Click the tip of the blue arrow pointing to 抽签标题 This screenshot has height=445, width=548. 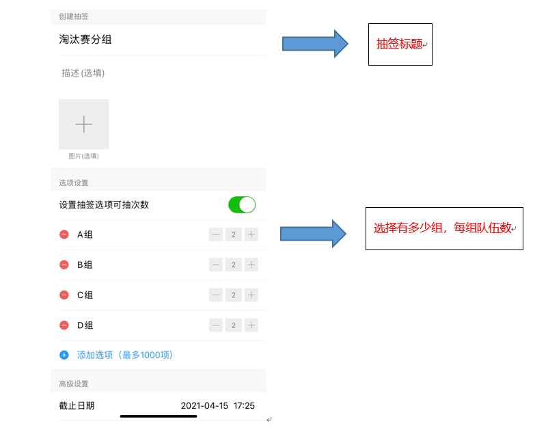point(348,44)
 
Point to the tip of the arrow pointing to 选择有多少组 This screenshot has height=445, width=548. point(346,234)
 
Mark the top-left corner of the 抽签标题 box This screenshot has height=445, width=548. point(368,24)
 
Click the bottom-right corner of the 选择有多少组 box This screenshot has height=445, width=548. point(523,250)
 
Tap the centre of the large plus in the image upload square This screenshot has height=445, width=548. point(84,124)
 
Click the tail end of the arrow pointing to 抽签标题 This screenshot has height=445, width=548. point(282,44)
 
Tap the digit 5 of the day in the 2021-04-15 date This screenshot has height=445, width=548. point(225,406)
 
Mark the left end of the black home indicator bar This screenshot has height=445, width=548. point(120,416)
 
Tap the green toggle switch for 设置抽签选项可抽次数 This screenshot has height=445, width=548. point(242,205)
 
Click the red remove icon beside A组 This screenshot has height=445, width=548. point(64,234)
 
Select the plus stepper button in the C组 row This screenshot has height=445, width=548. point(251,295)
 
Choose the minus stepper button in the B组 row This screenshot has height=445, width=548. point(216,265)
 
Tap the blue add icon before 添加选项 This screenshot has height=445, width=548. point(64,355)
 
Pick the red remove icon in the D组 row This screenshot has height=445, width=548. point(64,325)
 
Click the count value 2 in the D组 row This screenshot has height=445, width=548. point(234,325)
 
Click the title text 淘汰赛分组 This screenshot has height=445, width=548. point(85,39)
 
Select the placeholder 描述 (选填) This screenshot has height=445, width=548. point(83,72)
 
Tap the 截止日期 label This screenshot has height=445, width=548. point(77,406)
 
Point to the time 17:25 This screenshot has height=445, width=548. point(244,406)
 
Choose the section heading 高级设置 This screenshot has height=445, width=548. point(73,384)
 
